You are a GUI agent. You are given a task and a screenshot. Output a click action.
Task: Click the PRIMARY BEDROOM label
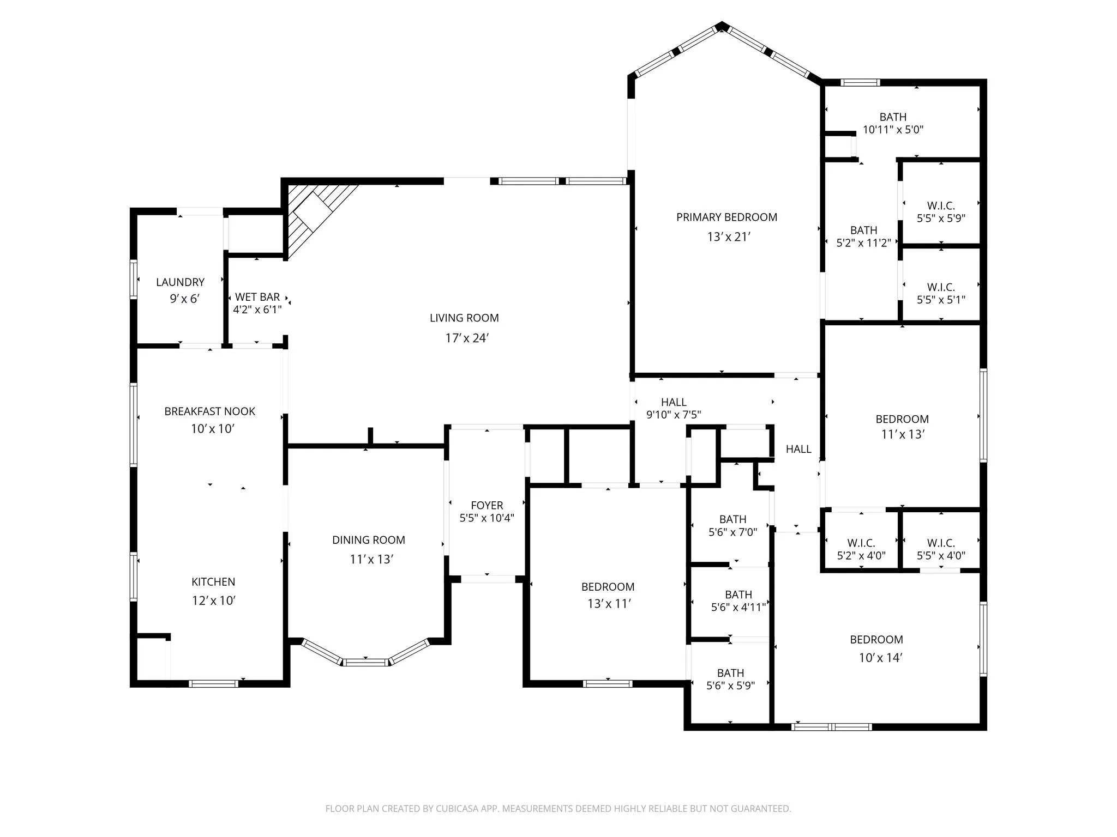[x=726, y=217]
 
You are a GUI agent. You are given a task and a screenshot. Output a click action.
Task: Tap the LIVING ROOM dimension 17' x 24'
[x=466, y=338]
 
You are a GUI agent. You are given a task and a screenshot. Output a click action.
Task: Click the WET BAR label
[x=257, y=297]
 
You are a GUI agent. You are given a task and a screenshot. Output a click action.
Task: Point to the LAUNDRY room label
[x=180, y=282]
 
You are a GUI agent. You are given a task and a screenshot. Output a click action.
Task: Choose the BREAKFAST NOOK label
[x=210, y=411]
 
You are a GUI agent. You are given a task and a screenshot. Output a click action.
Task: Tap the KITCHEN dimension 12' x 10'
[x=213, y=601]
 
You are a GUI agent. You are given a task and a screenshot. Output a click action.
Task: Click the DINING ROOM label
[x=369, y=540]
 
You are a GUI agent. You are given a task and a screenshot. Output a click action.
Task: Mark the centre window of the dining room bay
[x=365, y=663]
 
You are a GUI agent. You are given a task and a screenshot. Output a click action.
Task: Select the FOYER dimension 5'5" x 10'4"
[x=487, y=518]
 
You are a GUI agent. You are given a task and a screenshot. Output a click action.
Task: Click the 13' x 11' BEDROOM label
[x=608, y=587]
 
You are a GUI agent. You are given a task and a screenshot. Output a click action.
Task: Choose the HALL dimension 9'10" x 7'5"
[x=674, y=415]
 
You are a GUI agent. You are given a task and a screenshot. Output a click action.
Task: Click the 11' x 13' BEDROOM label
[x=902, y=419]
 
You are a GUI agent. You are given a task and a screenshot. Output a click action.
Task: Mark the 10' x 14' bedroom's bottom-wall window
[x=831, y=726]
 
